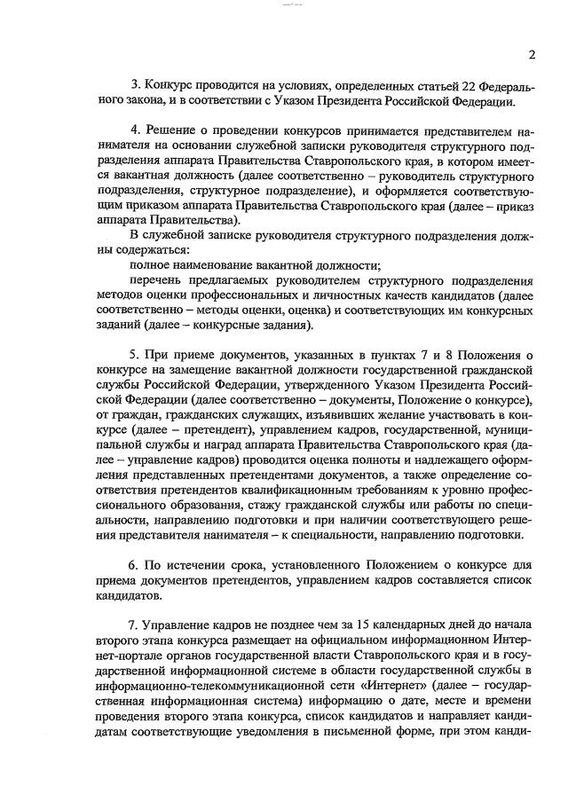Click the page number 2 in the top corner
coord(532,54)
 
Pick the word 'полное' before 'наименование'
coord(149,265)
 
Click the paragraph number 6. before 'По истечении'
coord(135,565)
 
